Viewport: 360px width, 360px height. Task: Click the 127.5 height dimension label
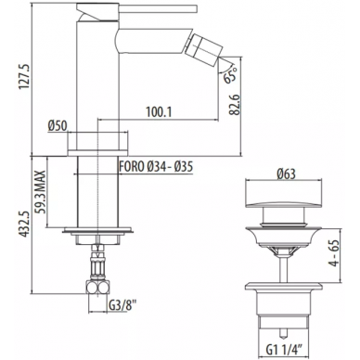(x=25, y=77)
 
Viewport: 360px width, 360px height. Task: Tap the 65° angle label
(x=231, y=74)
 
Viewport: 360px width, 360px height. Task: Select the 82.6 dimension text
(x=235, y=105)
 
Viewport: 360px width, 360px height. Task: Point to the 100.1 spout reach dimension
(x=159, y=112)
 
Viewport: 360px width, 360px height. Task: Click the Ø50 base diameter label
(x=58, y=126)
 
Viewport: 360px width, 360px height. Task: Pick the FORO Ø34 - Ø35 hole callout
(x=156, y=167)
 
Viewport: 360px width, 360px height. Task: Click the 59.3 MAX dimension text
(x=40, y=192)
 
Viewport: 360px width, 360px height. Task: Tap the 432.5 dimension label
(x=25, y=225)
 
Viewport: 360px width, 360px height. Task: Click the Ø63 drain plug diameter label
(x=286, y=174)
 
